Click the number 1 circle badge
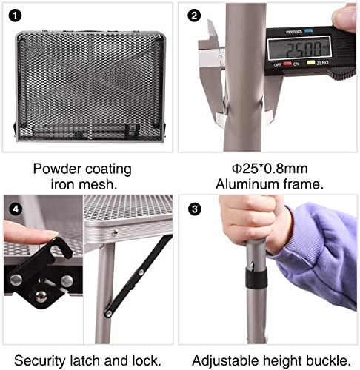pos(15,16)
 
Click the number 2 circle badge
pos(194,16)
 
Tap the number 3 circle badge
pos(195,209)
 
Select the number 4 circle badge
pos(16,209)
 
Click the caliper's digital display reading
pos(299,48)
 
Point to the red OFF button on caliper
pos(287,64)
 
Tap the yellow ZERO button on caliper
pos(310,62)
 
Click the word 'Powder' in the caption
pos(57,169)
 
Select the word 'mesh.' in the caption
pos(101,185)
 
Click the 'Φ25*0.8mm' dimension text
pos(270,169)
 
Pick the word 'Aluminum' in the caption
pos(247,184)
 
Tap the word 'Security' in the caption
pos(39,360)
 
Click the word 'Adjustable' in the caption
pos(225,360)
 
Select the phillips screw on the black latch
pos(41,297)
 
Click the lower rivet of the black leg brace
pos(108,314)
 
